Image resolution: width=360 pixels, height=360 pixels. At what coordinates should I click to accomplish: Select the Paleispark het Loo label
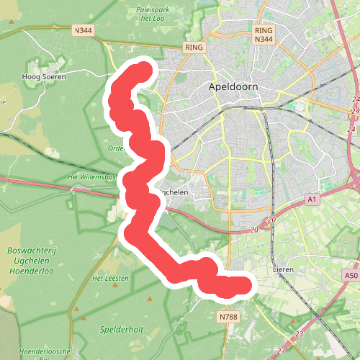152,15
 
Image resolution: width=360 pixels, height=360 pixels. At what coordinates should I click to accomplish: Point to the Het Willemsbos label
91,176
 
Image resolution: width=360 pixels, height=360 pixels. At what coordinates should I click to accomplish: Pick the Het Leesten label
111,278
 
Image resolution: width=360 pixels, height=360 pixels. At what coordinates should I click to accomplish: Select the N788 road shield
228,316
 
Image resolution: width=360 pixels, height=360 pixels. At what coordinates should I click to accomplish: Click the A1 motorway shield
312,199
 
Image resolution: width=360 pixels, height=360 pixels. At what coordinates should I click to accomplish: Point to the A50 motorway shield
351,275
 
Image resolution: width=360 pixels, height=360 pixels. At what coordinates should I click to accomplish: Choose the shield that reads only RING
194,47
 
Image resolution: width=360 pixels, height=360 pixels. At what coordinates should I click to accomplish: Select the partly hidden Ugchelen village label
176,192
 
